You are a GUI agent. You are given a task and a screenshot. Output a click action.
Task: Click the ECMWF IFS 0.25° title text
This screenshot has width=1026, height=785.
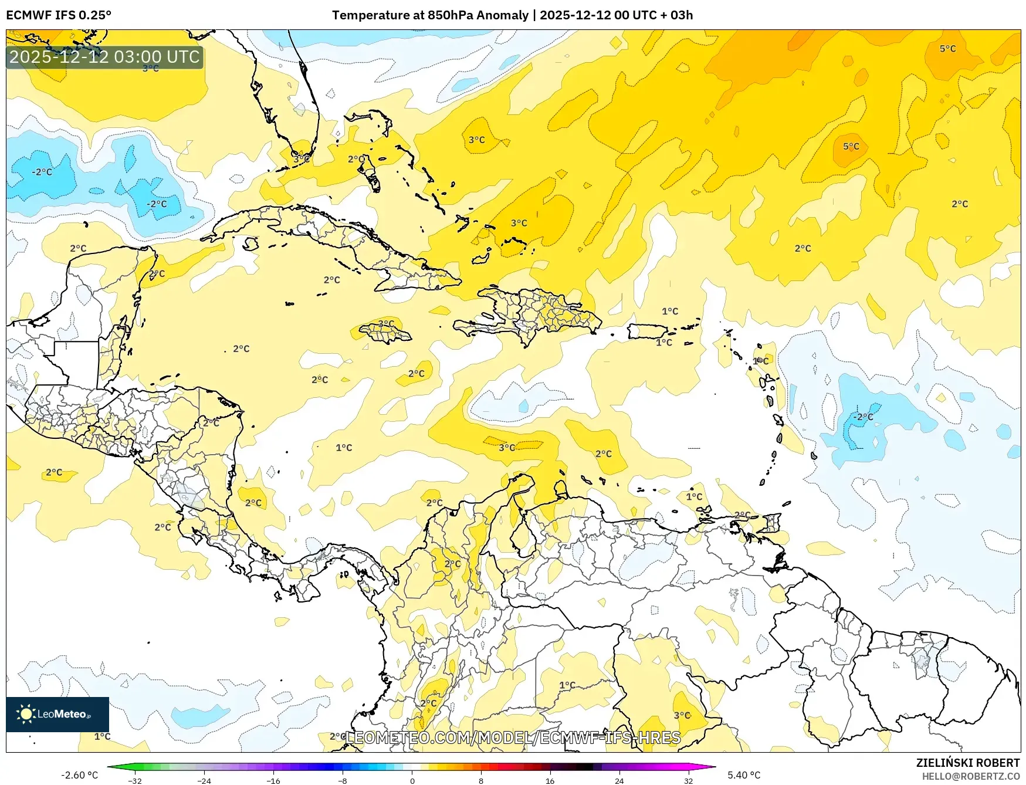[x=59, y=15]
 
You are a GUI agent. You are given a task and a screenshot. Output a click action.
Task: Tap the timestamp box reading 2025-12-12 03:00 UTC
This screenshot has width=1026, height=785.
[x=104, y=57]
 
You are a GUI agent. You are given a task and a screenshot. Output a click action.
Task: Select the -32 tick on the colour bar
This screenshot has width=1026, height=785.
[x=135, y=780]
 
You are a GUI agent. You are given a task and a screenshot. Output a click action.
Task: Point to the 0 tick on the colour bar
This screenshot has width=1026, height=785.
[x=412, y=780]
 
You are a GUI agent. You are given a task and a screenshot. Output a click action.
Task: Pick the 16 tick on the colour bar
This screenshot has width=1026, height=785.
[x=550, y=780]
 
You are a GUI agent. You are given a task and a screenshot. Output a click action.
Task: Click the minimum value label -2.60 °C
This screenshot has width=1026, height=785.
[x=79, y=775]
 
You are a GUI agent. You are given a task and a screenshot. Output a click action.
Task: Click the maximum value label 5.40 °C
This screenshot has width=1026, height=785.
[x=744, y=775]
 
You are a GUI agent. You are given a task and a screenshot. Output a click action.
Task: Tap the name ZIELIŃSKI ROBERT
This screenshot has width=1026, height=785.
[x=967, y=763]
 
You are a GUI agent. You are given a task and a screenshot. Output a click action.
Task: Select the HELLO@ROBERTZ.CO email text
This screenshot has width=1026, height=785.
[x=970, y=776]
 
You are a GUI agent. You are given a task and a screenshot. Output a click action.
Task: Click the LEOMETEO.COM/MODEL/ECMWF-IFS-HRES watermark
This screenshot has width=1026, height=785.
[x=513, y=737]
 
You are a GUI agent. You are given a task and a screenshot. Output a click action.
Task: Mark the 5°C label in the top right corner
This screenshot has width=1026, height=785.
[x=947, y=49]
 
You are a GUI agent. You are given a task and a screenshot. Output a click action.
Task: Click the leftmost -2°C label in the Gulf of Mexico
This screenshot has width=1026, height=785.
[x=42, y=172]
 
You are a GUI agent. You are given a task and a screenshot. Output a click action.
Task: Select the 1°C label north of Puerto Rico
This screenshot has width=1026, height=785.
[x=669, y=311]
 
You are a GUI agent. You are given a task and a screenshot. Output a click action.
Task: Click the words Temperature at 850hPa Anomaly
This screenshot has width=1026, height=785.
[x=430, y=15]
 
